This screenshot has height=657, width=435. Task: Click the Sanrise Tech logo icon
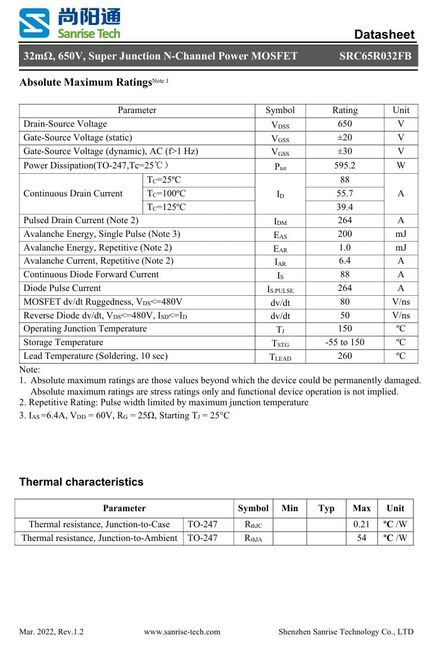[34, 24]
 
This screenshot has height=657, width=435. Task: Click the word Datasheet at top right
[384, 34]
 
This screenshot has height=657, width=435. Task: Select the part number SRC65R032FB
[375, 57]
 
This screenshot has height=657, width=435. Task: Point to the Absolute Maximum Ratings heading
[86, 83]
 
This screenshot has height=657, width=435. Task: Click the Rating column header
[345, 110]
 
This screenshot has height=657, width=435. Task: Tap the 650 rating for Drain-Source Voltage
[345, 124]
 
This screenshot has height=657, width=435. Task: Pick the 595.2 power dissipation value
[345, 165]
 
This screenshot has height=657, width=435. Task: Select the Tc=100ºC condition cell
[166, 193]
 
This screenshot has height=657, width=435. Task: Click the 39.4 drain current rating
[345, 207]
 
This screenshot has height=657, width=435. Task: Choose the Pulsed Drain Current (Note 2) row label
[81, 220]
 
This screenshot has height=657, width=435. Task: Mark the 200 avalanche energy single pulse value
[345, 234]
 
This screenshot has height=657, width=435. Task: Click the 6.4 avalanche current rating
[345, 261]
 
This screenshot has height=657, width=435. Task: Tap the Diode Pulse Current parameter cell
[62, 288]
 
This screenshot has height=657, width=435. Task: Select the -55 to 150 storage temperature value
[345, 342]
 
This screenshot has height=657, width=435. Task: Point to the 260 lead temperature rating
[345, 356]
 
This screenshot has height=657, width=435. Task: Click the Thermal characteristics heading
[81, 482]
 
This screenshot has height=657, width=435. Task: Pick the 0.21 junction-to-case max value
[361, 524]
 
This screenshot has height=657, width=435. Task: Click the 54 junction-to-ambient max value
[361, 538]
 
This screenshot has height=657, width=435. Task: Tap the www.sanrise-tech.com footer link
[182, 632]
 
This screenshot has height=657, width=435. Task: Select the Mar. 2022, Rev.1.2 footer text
[52, 632]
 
